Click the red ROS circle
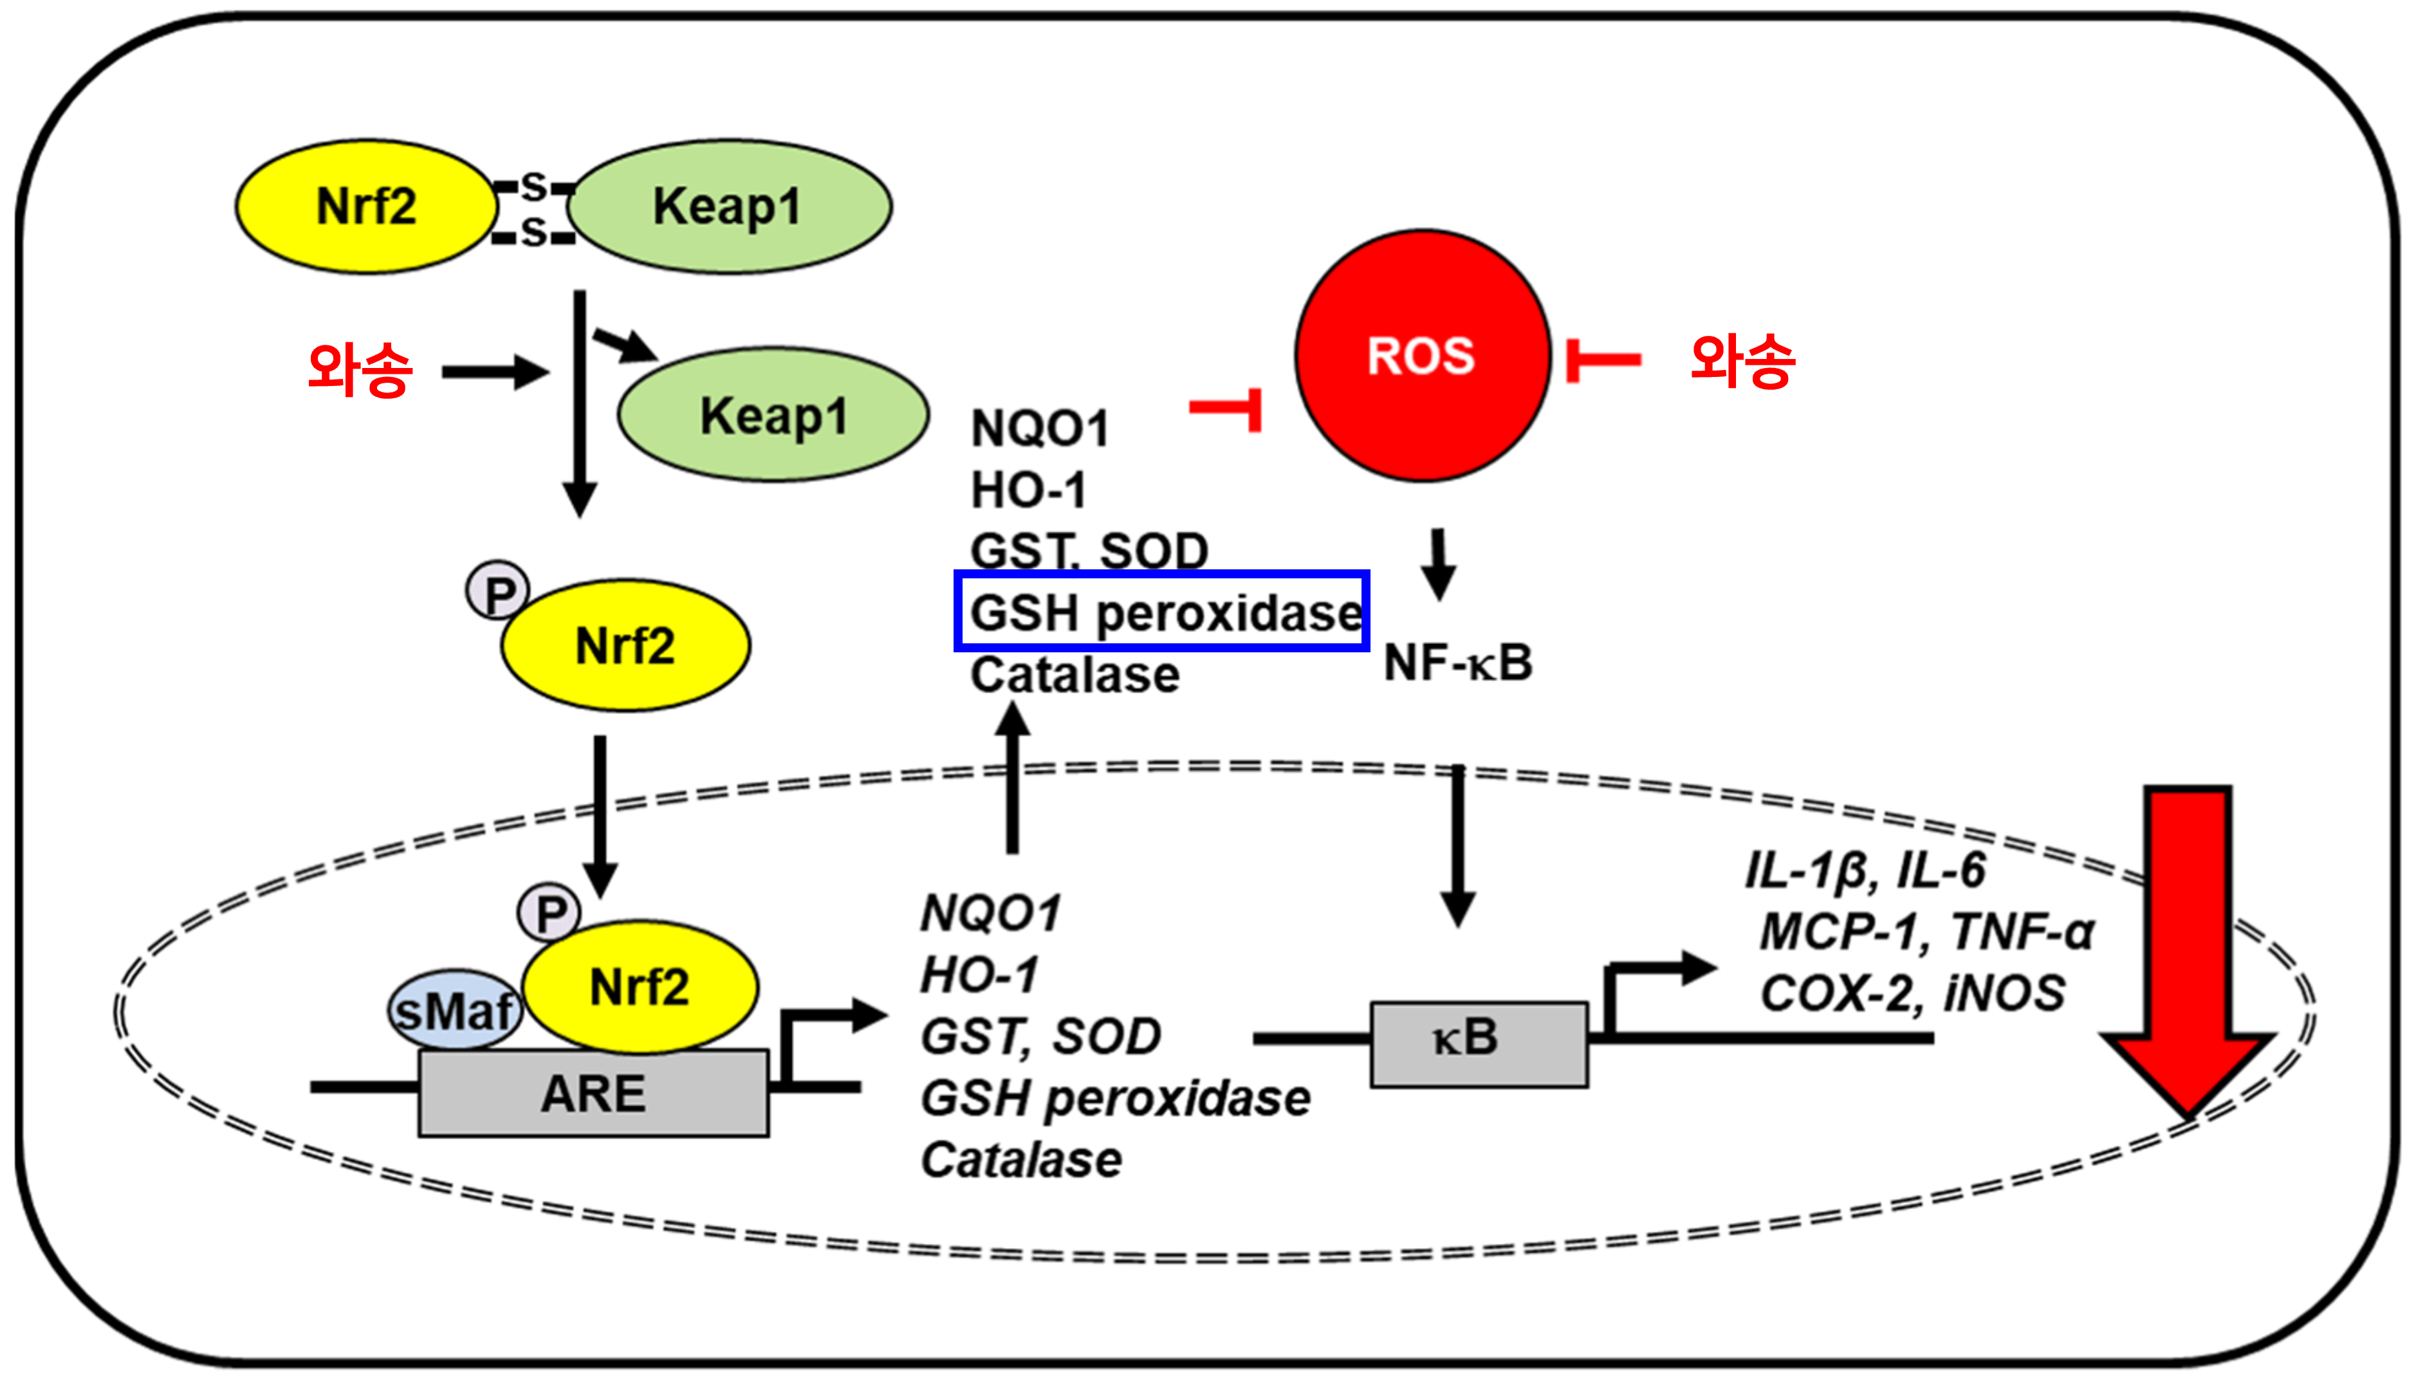pyautogui.click(x=1422, y=356)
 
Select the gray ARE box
pyautogui.click(x=593, y=1092)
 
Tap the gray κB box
pyautogui.click(x=1479, y=1044)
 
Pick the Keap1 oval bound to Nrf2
pyautogui.click(x=729, y=207)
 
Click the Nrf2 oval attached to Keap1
pyautogui.click(x=366, y=207)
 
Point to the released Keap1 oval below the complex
pyautogui.click(x=773, y=414)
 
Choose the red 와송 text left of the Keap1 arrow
pyautogui.click(x=360, y=369)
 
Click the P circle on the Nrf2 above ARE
pyautogui.click(x=549, y=912)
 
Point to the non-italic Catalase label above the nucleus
pyautogui.click(x=1075, y=675)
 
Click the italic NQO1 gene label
pyautogui.click(x=991, y=914)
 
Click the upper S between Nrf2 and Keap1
pyautogui.click(x=535, y=187)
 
